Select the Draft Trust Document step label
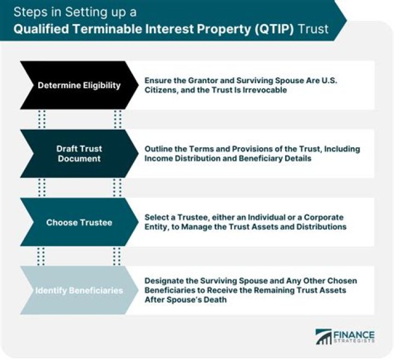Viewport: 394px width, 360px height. (x=79, y=153)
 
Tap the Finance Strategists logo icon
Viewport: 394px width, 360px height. (x=324, y=336)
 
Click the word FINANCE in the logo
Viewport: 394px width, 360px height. (x=355, y=333)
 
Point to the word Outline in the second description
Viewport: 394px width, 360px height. (x=160, y=149)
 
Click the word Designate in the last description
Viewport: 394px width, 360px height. (x=165, y=281)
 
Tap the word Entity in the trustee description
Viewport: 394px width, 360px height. (x=158, y=227)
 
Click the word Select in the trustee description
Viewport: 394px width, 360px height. (x=157, y=217)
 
